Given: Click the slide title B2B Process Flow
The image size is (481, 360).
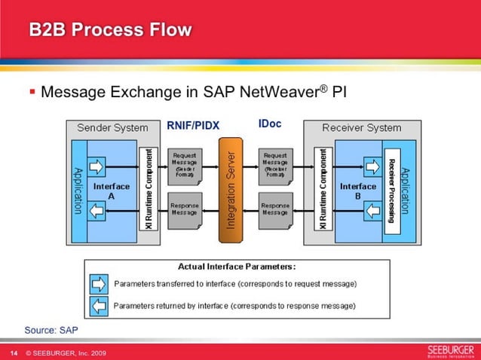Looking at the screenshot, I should (x=110, y=30).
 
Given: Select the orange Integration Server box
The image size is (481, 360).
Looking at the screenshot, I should (x=233, y=189).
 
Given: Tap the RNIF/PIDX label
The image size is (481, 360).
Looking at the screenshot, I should (x=192, y=125).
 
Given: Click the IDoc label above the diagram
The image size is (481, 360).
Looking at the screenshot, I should (x=270, y=123).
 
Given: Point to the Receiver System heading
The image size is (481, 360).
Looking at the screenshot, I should (x=361, y=128).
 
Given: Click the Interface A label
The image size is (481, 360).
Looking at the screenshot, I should (x=111, y=190).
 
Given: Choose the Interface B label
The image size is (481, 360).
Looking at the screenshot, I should (x=357, y=190).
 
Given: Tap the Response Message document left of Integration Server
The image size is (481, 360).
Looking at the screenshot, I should (x=185, y=212).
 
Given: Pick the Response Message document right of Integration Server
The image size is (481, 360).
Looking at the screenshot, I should (x=275, y=212).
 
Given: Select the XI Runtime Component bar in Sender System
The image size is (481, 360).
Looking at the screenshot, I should (x=150, y=189).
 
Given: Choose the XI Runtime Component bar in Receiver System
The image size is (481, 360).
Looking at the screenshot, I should (x=323, y=189).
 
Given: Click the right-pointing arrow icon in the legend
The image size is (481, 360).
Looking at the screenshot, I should (x=99, y=284).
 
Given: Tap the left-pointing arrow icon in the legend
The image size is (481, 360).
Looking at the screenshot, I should (x=99, y=307).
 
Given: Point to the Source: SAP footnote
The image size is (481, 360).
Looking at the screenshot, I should (x=51, y=330).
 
